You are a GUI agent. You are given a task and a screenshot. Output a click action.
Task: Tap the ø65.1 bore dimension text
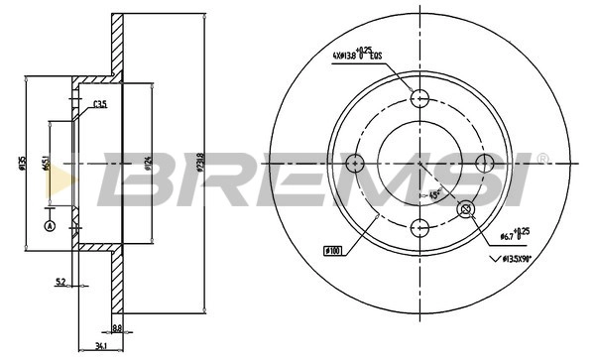[47, 164]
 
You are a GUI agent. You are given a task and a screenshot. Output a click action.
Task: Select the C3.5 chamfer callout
[99, 104]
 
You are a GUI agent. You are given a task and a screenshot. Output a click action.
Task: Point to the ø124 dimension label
[148, 164]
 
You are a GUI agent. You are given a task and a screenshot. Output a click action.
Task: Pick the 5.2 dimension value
[60, 283]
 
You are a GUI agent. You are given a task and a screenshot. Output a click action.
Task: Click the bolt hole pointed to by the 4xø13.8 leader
[419, 97]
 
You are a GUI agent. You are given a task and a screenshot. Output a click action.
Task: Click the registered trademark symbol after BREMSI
[541, 157]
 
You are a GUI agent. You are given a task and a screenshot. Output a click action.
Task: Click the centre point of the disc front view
[419, 161]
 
